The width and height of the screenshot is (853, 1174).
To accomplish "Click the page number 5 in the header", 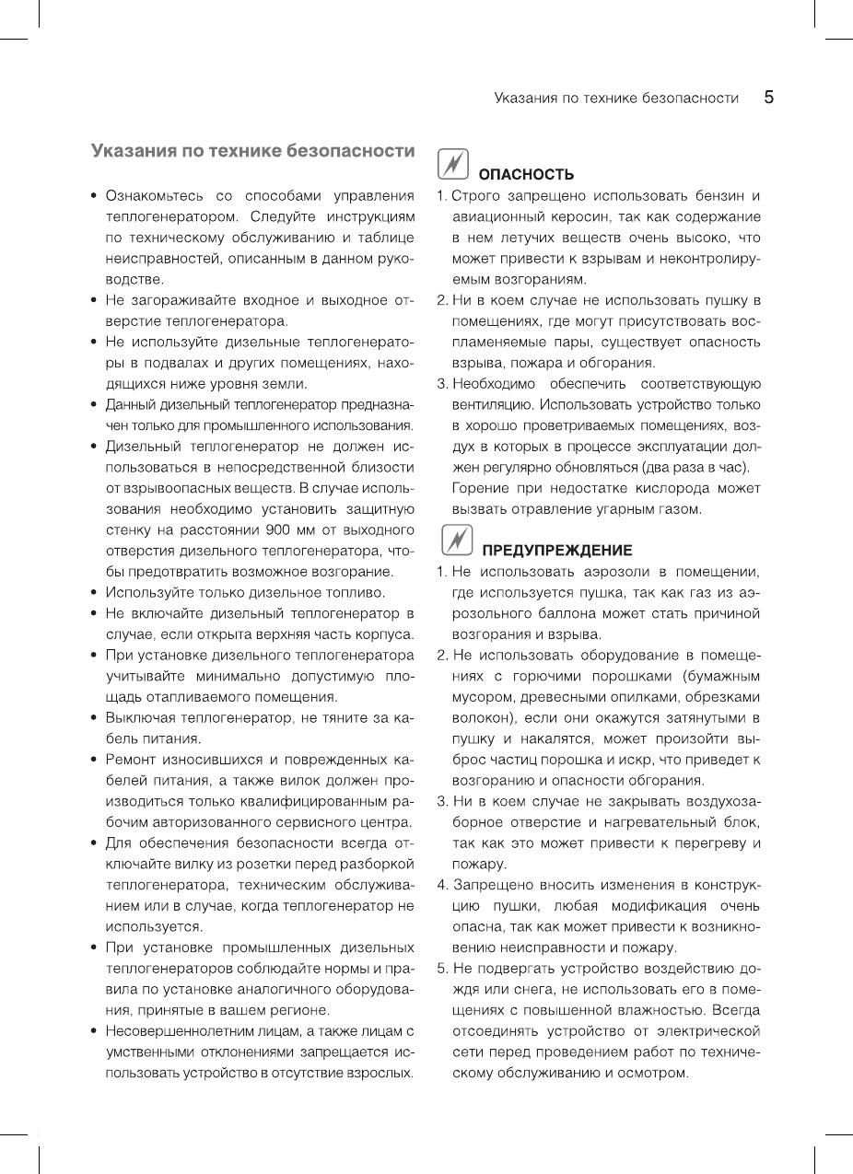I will (x=767, y=97).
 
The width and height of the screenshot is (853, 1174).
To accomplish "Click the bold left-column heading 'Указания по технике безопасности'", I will (x=252, y=150).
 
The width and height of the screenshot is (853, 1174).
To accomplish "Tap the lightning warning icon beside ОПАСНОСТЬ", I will (x=452, y=164).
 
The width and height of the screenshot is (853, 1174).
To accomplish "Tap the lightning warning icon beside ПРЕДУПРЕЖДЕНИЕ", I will (x=452, y=541).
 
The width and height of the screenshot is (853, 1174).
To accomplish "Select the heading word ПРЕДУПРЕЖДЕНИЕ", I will (x=557, y=551).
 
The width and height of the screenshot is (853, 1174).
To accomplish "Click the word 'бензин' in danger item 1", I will (x=714, y=195).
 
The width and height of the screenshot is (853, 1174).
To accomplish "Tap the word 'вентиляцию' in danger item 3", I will (x=490, y=403).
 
